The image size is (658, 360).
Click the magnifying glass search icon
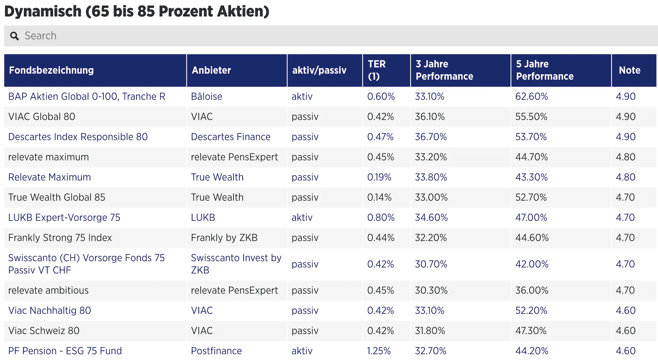(x=15, y=36)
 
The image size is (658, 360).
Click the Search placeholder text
(x=40, y=36)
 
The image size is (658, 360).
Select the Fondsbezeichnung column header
(x=51, y=70)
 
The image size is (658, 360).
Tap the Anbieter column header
(x=211, y=70)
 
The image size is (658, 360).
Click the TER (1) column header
(x=377, y=70)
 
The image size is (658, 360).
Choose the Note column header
(x=630, y=70)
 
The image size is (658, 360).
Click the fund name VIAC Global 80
(x=42, y=116)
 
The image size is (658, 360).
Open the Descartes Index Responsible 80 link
(x=78, y=137)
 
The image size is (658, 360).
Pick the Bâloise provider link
(x=206, y=96)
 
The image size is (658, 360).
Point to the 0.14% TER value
(x=379, y=197)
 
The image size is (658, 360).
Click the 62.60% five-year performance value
(x=531, y=96)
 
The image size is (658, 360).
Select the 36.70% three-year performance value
(x=431, y=137)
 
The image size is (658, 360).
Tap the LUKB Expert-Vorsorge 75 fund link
(x=64, y=217)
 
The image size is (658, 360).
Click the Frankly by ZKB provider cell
(x=224, y=238)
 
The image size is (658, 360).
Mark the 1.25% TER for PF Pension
(x=379, y=351)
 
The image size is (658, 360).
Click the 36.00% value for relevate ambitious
(x=532, y=290)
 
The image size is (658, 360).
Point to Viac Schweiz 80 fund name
(x=44, y=331)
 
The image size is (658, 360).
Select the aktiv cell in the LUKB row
(x=302, y=217)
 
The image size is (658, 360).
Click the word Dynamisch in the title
(x=43, y=11)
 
